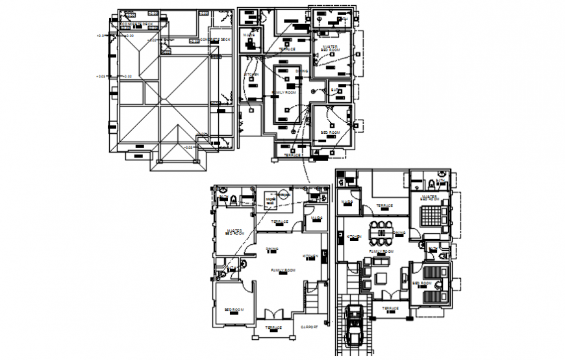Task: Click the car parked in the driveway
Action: [x=356, y=325]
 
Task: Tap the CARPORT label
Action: [x=309, y=327]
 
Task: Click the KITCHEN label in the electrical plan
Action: [x=251, y=75]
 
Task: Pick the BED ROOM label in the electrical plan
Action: [x=330, y=133]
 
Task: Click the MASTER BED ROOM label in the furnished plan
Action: [x=429, y=196]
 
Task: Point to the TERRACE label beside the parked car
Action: [x=390, y=309]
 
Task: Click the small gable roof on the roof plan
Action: [x=175, y=149]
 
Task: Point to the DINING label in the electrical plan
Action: [x=302, y=71]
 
